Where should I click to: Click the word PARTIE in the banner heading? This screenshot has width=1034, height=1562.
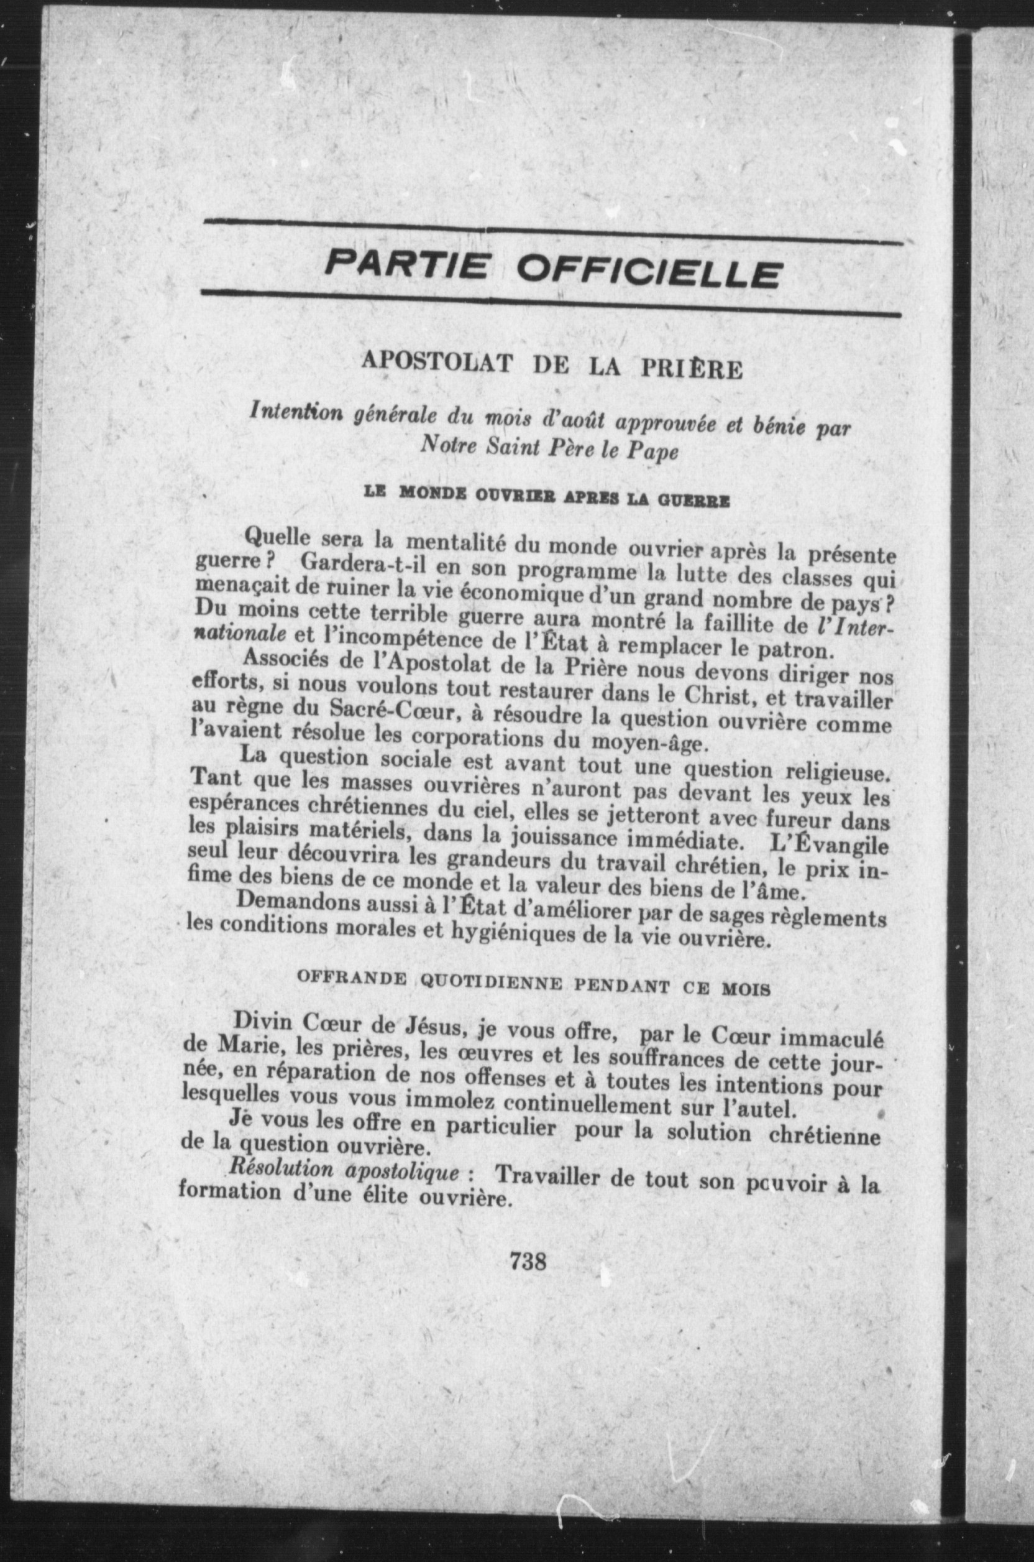(408, 266)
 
